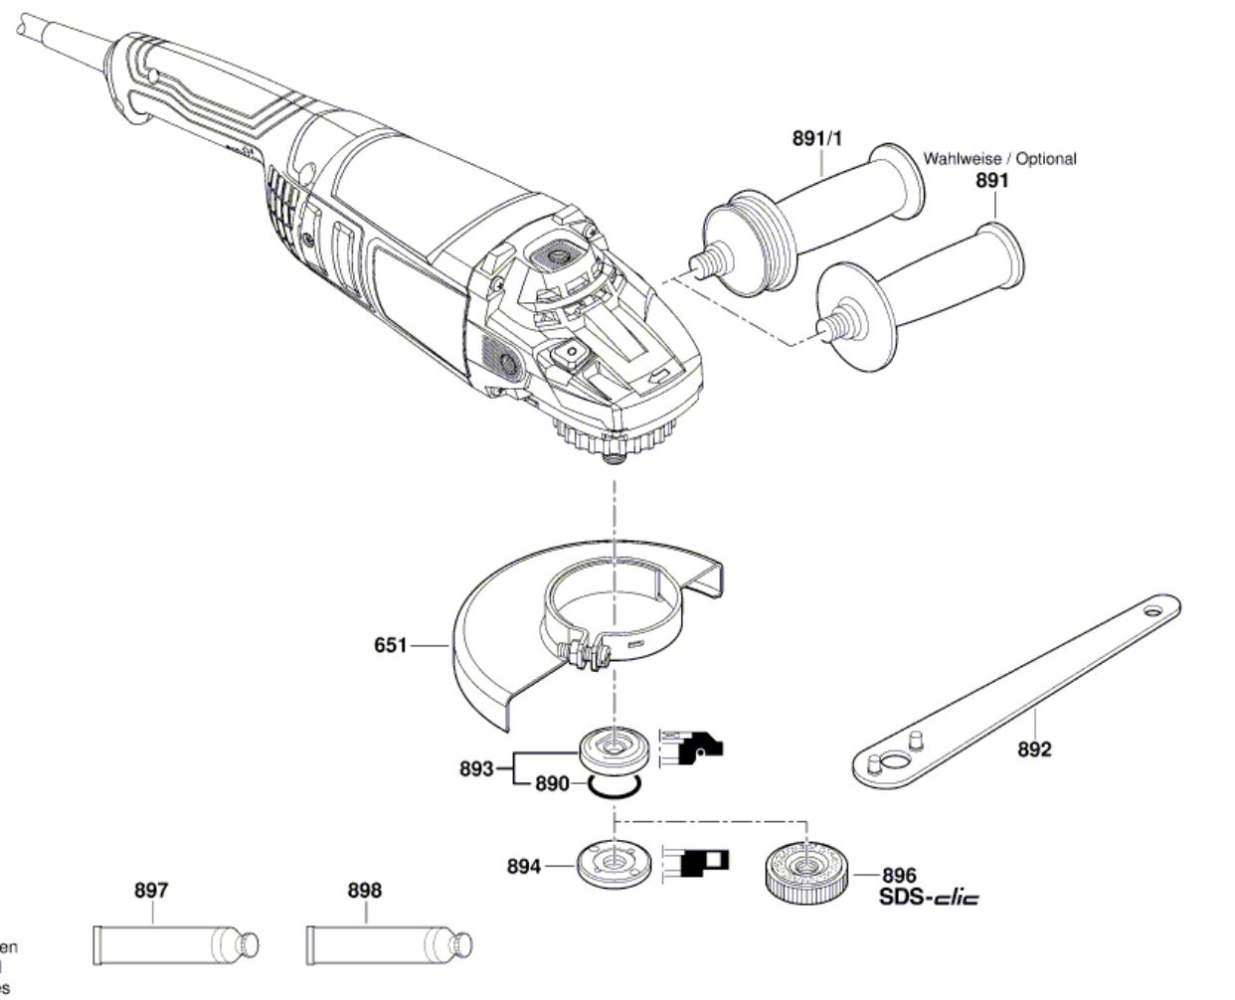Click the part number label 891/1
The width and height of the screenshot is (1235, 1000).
pyautogui.click(x=816, y=139)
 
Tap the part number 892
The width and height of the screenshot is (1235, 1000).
pyautogui.click(x=1034, y=750)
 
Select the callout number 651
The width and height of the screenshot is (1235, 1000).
pyautogui.click(x=390, y=646)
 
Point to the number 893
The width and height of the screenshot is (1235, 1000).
pyautogui.click(x=477, y=768)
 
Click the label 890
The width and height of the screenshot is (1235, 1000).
pyautogui.click(x=552, y=784)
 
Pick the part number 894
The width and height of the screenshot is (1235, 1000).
pyautogui.click(x=523, y=867)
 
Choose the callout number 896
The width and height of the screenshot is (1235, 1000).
pyautogui.click(x=899, y=876)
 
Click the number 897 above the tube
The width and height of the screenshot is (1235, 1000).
pyautogui.click(x=151, y=891)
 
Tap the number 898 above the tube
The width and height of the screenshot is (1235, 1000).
pyautogui.click(x=364, y=891)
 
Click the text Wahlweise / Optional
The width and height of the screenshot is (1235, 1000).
pyautogui.click(x=999, y=159)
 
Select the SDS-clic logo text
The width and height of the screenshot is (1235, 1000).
pyautogui.click(x=929, y=899)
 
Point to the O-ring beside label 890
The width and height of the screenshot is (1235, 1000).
pyautogui.click(x=613, y=787)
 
